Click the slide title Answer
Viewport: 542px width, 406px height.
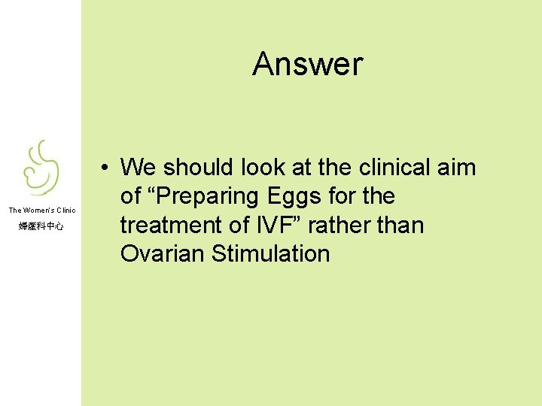pyautogui.click(x=307, y=65)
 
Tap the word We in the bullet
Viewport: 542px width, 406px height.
pyautogui.click(x=138, y=167)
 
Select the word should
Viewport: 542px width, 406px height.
pyautogui.click(x=198, y=167)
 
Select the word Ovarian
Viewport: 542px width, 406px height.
pyautogui.click(x=163, y=254)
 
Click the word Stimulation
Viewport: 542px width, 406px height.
pyautogui.click(x=271, y=254)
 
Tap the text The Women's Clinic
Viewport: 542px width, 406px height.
pyautogui.click(x=42, y=211)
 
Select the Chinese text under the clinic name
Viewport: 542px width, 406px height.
pyautogui.click(x=41, y=226)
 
